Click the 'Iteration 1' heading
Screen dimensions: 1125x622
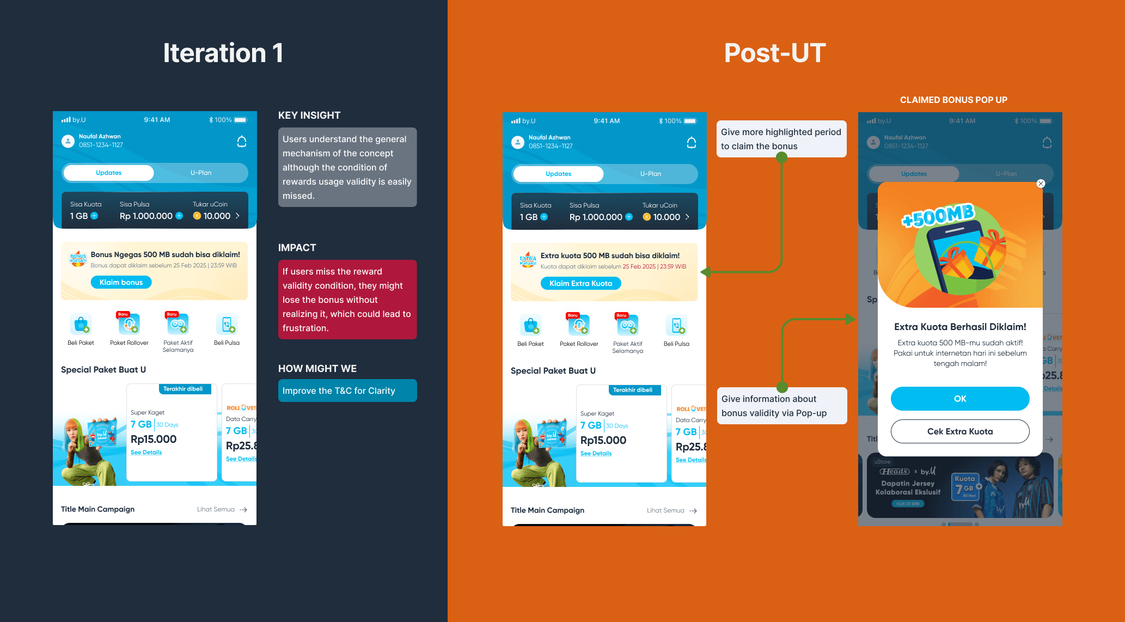(x=223, y=53)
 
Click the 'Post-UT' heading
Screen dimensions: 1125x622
(x=774, y=53)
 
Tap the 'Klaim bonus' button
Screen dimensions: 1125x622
(x=121, y=282)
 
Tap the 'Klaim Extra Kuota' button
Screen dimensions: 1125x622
(x=580, y=283)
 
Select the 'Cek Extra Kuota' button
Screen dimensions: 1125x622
(x=959, y=431)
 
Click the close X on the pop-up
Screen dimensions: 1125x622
(x=1041, y=184)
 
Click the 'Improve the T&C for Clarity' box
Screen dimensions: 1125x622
(x=347, y=391)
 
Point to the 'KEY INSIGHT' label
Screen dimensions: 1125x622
(x=309, y=115)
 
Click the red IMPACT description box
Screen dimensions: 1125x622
(x=347, y=300)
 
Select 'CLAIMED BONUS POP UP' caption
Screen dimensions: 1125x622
(x=953, y=100)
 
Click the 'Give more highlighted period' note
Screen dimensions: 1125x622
(x=781, y=139)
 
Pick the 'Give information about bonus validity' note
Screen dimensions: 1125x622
(x=781, y=406)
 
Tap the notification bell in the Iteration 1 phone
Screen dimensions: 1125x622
(x=242, y=142)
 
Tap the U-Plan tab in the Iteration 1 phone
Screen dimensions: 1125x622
(x=201, y=173)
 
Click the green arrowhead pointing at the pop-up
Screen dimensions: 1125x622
(x=850, y=319)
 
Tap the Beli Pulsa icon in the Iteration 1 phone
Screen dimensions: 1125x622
(x=227, y=325)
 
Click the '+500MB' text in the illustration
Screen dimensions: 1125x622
(x=938, y=215)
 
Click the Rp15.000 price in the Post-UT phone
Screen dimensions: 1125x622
(x=603, y=440)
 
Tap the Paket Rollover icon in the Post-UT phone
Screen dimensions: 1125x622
(x=579, y=326)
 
